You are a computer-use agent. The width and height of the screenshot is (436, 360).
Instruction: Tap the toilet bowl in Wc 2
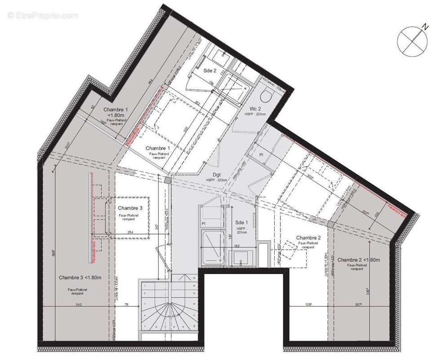tap(267, 95)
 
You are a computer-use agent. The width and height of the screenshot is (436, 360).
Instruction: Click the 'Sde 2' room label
tap(210, 71)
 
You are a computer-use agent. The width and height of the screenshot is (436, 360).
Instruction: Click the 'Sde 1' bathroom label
tap(241, 222)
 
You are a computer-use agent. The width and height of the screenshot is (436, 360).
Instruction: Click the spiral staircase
tap(169, 308)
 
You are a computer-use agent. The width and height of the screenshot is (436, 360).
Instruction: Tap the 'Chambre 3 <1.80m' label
tap(80, 278)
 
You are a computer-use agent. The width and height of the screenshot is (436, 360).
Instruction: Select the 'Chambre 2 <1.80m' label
tap(359, 260)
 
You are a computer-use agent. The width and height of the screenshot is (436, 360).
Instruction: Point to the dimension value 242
tap(80, 305)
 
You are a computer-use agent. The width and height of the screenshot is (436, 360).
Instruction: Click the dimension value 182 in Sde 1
tap(236, 245)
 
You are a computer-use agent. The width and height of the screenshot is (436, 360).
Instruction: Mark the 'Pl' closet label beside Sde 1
tap(204, 223)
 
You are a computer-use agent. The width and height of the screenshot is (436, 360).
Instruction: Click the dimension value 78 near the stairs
tap(126, 305)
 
